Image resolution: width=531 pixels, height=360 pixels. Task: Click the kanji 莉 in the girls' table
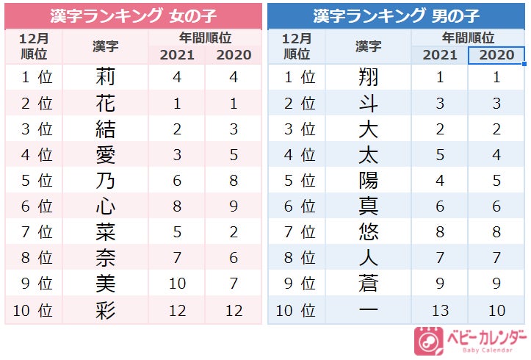pyautogui.click(x=106, y=77)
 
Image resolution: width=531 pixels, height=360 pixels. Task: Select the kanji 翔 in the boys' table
pyautogui.click(x=368, y=77)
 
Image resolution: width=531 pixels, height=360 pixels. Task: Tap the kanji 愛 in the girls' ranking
pyautogui.click(x=106, y=156)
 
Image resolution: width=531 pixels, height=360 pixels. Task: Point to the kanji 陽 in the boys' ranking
pyautogui.click(x=368, y=181)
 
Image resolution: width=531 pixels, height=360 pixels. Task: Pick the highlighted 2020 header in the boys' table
pyautogui.click(x=496, y=55)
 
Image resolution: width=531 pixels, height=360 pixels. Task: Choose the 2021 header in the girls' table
pyautogui.click(x=177, y=55)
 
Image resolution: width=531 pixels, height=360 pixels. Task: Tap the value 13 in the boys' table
pyautogui.click(x=440, y=311)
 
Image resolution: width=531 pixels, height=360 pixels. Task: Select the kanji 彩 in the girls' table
pyautogui.click(x=106, y=311)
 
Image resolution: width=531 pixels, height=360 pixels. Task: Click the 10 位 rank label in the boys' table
pyautogui.click(x=297, y=311)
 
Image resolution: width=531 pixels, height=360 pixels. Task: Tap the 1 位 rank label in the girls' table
pyautogui.click(x=35, y=77)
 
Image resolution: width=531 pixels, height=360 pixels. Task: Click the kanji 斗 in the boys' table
pyautogui.click(x=368, y=104)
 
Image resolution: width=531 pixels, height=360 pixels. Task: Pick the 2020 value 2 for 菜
pyautogui.click(x=234, y=233)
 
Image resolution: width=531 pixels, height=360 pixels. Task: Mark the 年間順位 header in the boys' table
pyautogui.click(x=468, y=37)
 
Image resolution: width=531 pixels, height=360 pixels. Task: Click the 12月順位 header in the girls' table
pyautogui.click(x=34, y=46)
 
